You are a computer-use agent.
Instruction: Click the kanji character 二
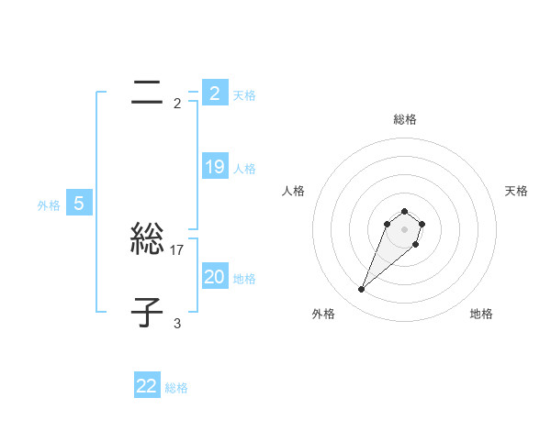pyautogui.click(x=148, y=92)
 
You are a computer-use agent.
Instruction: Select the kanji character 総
pyautogui.click(x=148, y=240)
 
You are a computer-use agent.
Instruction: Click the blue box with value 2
pyautogui.click(x=214, y=93)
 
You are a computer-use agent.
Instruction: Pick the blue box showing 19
pyautogui.click(x=214, y=167)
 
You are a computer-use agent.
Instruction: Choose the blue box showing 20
pyautogui.click(x=214, y=277)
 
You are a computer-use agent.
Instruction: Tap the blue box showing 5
pyautogui.click(x=79, y=204)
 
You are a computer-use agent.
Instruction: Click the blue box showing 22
pyautogui.click(x=147, y=386)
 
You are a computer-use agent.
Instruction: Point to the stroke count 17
pyautogui.click(x=178, y=249)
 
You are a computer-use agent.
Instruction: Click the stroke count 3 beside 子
pyautogui.click(x=176, y=323)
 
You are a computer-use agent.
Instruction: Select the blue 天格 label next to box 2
pyautogui.click(x=244, y=95)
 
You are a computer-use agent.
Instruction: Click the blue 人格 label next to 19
pyautogui.click(x=244, y=169)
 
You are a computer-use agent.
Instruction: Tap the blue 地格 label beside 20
pyautogui.click(x=244, y=279)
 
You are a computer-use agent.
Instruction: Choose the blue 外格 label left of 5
pyautogui.click(x=49, y=205)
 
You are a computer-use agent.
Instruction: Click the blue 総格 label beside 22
pyautogui.click(x=176, y=388)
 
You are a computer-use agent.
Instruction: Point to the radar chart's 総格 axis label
pyautogui.click(x=405, y=119)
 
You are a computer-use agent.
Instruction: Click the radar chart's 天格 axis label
pyautogui.click(x=516, y=191)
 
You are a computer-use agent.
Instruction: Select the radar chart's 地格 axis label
pyautogui.click(x=481, y=314)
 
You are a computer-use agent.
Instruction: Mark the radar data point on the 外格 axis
pyautogui.click(x=361, y=290)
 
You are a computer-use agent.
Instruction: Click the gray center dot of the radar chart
pyautogui.click(x=405, y=229)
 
